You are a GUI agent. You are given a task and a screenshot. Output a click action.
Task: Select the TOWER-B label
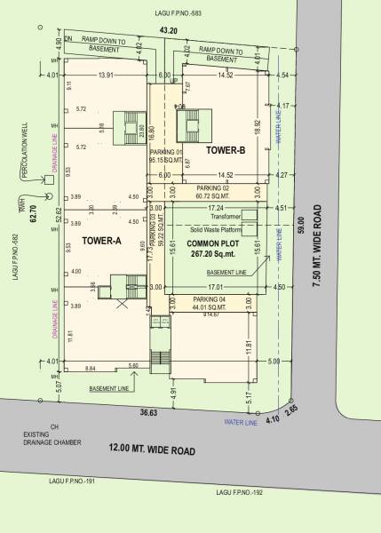point(226,151)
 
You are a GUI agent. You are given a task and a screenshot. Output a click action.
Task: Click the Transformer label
point(226,216)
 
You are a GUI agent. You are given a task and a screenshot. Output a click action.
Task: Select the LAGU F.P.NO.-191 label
point(75,481)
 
